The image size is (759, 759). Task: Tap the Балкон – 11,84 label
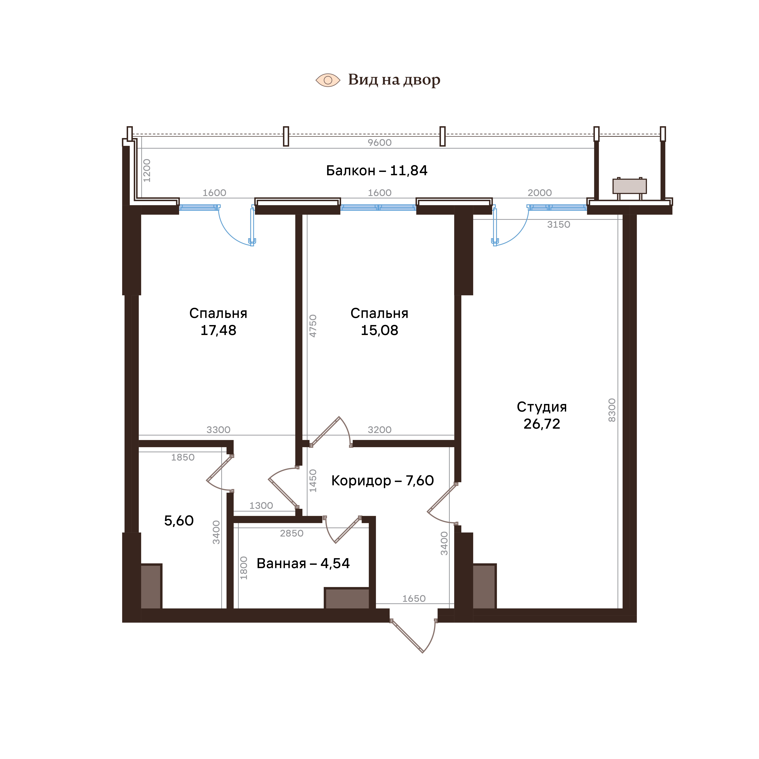(377, 170)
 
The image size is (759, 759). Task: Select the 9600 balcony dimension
(379, 143)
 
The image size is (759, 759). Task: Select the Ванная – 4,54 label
(303, 563)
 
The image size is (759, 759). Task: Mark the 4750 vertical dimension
(313, 326)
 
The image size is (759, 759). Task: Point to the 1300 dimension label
(261, 506)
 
